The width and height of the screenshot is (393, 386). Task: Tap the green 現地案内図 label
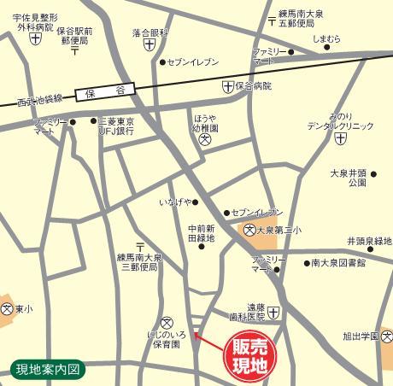47,369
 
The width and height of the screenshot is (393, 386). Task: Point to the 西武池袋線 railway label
39,100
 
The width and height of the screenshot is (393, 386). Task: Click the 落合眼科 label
150,32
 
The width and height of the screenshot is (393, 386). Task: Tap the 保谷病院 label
254,86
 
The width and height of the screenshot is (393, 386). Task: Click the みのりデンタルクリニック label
341,120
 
